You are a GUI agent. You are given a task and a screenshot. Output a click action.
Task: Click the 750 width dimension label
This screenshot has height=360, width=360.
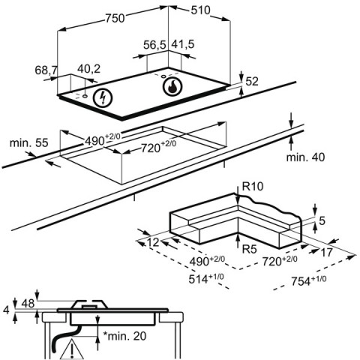tap(115, 18)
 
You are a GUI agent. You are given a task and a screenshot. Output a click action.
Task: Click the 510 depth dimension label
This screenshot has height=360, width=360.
tap(201, 10)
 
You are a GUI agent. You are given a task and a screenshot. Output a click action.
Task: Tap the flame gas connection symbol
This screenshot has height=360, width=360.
tap(172, 86)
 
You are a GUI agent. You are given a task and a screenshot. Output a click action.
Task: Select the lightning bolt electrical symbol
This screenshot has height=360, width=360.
tap(103, 97)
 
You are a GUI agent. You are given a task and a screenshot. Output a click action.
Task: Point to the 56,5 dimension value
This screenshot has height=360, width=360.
tap(154, 45)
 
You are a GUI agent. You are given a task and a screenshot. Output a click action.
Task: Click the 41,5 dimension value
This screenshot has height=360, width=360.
tap(183, 44)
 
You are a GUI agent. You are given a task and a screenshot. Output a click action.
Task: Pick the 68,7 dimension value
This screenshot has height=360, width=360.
tap(46, 70)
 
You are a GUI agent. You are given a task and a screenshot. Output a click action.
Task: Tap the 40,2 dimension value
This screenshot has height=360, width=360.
tap(88, 69)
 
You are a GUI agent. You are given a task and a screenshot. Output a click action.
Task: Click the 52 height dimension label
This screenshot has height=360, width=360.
tap(252, 82)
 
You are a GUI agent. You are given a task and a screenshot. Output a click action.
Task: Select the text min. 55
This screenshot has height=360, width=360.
tap(28, 143)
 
